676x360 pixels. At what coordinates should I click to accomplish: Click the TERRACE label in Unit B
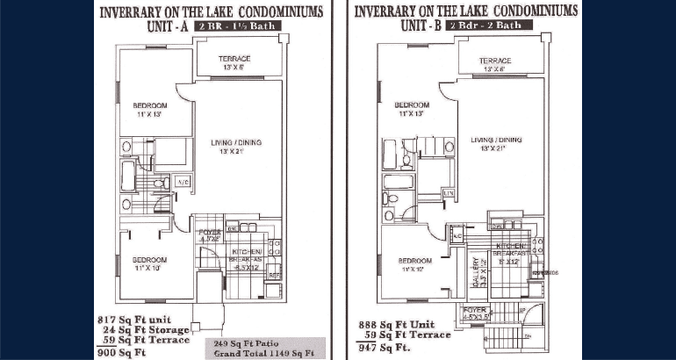click(x=495, y=61)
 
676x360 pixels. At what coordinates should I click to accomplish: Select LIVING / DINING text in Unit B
click(x=496, y=140)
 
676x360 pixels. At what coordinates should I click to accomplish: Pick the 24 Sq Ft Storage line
click(x=147, y=328)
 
